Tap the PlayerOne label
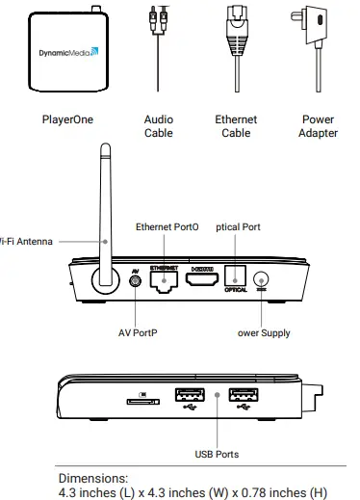(67, 120)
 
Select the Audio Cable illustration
(159, 48)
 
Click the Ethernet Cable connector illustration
(236, 43)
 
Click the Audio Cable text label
(159, 126)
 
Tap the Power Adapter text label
(318, 126)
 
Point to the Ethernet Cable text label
(236, 126)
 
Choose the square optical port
(236, 276)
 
